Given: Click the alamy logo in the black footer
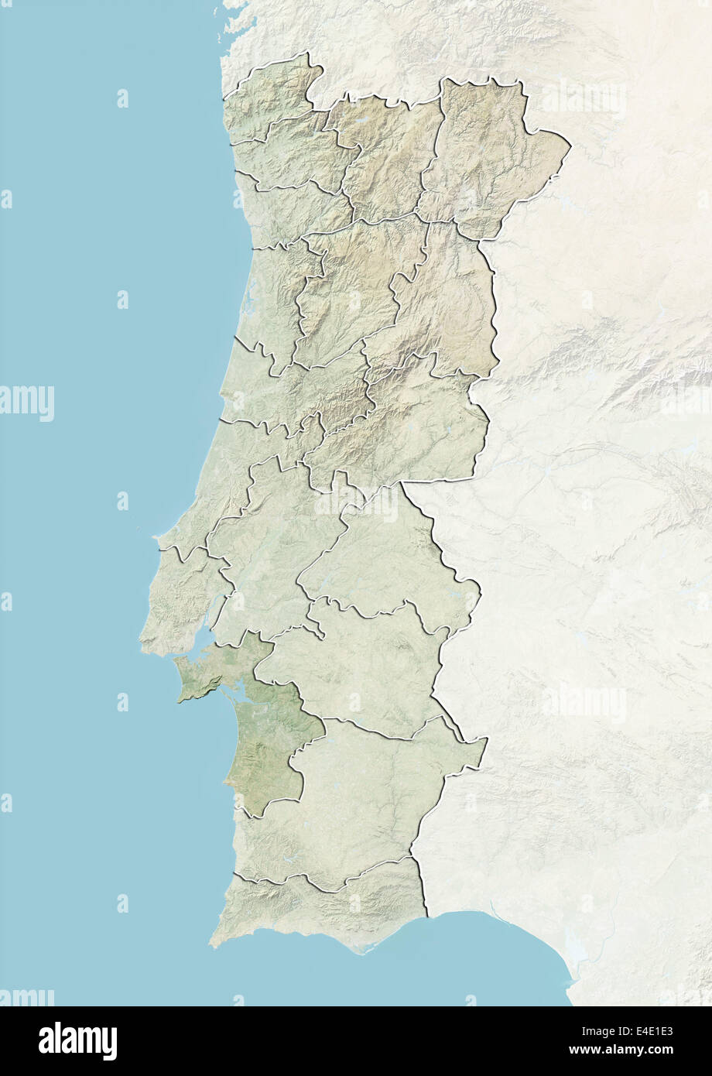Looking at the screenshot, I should point(77,1040).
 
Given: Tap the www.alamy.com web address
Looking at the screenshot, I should point(644,1050).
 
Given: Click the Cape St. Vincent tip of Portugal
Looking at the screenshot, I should point(213,944).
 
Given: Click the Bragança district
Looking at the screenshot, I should point(488,155).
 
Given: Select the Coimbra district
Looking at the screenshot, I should point(294,395).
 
